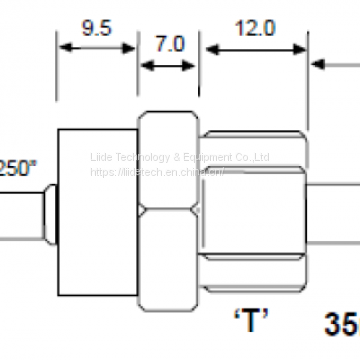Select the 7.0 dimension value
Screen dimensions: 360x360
tap(169, 43)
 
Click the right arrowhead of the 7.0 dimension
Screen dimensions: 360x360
tap(193, 66)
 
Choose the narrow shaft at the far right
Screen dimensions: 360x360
tap(335, 215)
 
